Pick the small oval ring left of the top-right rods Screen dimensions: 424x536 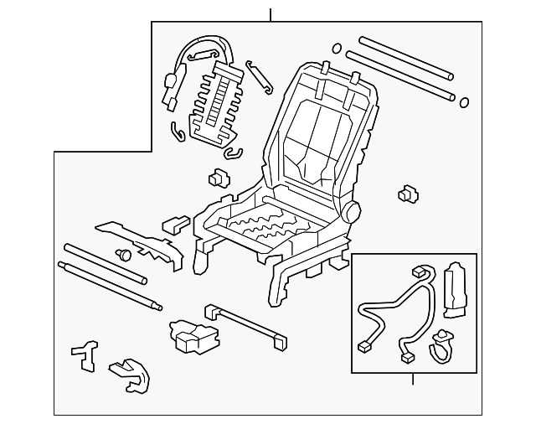tap(338, 48)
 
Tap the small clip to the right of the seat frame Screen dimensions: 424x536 tap(408, 194)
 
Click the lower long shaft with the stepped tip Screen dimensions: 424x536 tap(109, 286)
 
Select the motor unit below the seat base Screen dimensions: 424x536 tap(190, 333)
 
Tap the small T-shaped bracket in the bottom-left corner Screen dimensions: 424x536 tap(85, 355)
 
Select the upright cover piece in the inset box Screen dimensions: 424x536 tap(457, 290)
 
